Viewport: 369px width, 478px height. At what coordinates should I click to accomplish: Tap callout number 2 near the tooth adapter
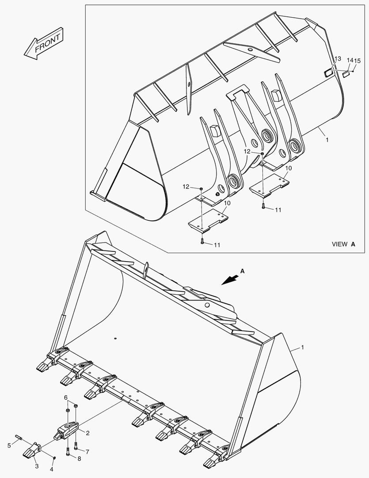point(88,433)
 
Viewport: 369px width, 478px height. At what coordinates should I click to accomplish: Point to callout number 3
point(37,466)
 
